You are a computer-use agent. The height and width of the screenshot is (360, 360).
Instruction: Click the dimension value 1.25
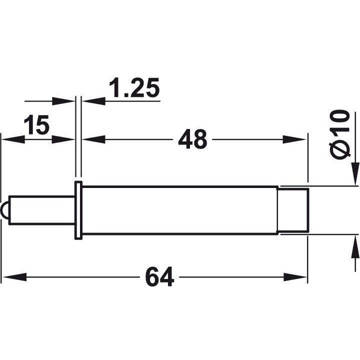(133, 88)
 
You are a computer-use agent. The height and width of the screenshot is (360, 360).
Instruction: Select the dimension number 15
(37, 125)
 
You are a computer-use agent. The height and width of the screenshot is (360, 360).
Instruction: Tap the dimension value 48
(192, 139)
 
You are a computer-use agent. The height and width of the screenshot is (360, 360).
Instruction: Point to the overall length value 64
(160, 277)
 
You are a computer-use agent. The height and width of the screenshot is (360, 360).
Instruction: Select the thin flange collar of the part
(78, 210)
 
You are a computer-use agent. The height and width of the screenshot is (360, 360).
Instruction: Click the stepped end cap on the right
(293, 210)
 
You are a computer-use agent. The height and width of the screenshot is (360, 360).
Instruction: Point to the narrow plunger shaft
(42, 210)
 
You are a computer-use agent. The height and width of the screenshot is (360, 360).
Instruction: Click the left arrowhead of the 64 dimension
(13, 277)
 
